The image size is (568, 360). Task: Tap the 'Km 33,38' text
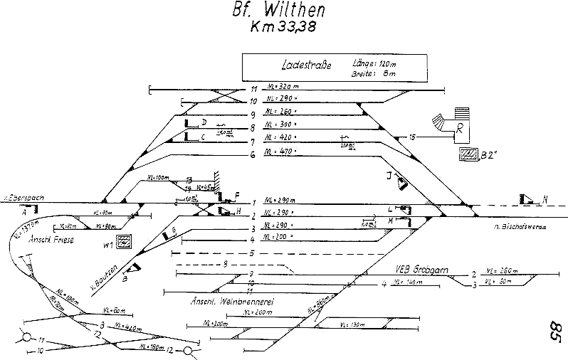click(x=283, y=28)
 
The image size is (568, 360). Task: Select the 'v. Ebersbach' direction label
click(x=19, y=194)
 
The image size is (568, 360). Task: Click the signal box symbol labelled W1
click(x=124, y=241)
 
